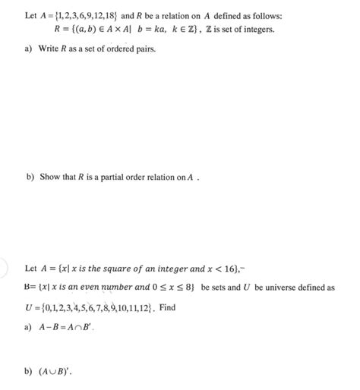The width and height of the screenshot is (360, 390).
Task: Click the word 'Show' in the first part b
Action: (47, 177)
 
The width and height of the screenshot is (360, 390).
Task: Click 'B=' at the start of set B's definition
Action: (30, 288)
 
